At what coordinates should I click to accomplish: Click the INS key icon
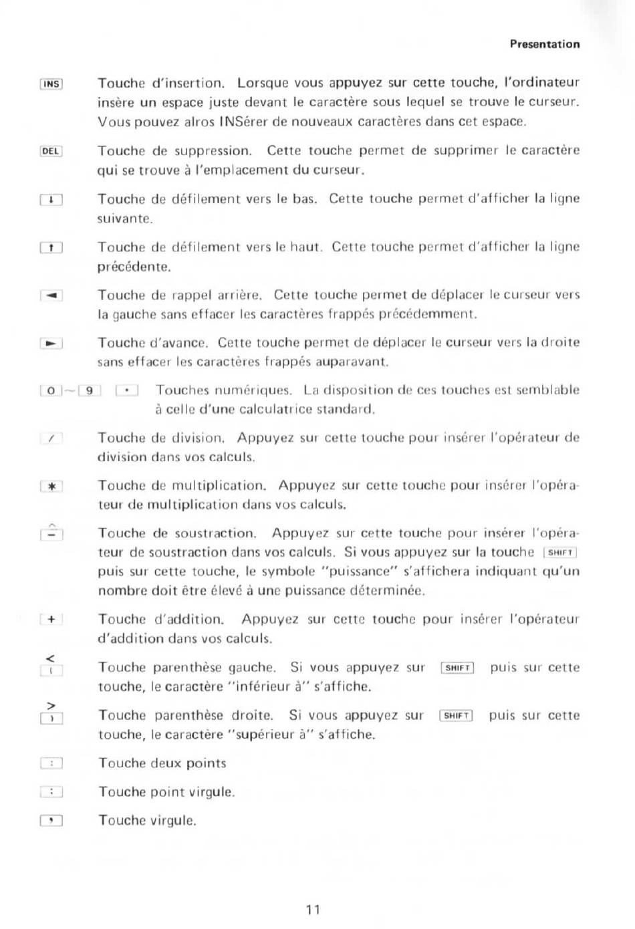51,84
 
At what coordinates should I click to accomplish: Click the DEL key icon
51,151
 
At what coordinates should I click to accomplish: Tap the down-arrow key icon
51,199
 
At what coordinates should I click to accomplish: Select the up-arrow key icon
51,248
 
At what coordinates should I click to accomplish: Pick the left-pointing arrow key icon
51,295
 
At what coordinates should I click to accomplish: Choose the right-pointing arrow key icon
51,344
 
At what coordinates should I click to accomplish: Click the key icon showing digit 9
90,391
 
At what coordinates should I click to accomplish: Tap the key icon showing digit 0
51,391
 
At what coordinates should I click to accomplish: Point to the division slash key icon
51,439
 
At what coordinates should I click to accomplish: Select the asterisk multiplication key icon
51,487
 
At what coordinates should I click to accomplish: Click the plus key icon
51,620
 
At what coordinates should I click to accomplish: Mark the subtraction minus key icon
51,535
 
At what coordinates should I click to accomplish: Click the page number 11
313,909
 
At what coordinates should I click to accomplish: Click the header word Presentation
545,44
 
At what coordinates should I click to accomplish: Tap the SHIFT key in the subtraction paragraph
560,553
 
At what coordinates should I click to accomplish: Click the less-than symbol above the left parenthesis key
50,659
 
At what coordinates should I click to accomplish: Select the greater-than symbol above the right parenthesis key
51,706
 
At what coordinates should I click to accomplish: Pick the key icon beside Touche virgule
51,821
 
